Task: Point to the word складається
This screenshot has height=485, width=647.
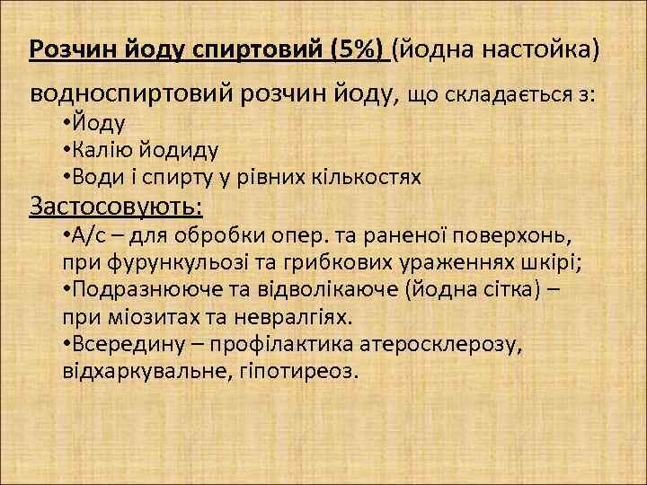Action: tap(511, 94)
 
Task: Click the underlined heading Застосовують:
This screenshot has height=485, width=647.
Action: tap(116, 207)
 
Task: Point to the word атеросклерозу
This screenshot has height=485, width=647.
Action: tap(447, 344)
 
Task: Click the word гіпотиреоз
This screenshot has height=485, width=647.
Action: tap(297, 370)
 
